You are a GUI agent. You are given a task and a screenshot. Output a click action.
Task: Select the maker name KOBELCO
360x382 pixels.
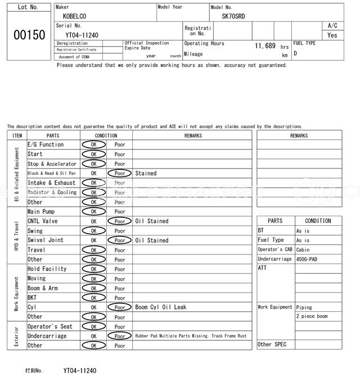(x=75, y=16)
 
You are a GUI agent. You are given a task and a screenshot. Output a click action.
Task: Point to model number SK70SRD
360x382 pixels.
(x=233, y=16)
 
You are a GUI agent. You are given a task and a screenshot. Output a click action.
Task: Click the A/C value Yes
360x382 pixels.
(x=332, y=35)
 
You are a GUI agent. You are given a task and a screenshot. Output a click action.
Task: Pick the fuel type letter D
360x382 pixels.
(x=295, y=53)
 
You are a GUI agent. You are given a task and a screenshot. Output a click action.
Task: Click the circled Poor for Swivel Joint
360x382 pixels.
(x=120, y=240)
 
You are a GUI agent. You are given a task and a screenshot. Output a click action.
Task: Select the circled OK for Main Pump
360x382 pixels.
(x=93, y=212)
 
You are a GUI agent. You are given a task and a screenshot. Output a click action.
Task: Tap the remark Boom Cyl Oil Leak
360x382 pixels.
(x=160, y=307)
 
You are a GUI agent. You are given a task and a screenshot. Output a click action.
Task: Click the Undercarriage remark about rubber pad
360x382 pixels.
(x=191, y=336)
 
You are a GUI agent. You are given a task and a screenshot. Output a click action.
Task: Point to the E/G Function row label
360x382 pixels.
(x=46, y=144)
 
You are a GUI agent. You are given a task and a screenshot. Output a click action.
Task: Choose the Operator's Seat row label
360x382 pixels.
(x=50, y=326)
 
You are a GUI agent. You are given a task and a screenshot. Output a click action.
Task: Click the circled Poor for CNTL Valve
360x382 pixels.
(x=120, y=221)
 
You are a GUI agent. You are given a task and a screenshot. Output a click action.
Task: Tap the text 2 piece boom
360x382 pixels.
(x=312, y=317)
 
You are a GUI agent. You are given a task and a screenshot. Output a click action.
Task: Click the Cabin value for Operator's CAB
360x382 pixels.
(x=304, y=249)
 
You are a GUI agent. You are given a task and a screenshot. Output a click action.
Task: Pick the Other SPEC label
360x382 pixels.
(x=272, y=344)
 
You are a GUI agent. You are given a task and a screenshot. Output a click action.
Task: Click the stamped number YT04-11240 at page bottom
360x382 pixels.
(x=80, y=371)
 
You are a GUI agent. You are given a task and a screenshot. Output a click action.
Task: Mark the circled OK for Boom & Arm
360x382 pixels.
(x=93, y=288)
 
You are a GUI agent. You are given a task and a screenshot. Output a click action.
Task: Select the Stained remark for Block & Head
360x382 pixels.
(x=146, y=174)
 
